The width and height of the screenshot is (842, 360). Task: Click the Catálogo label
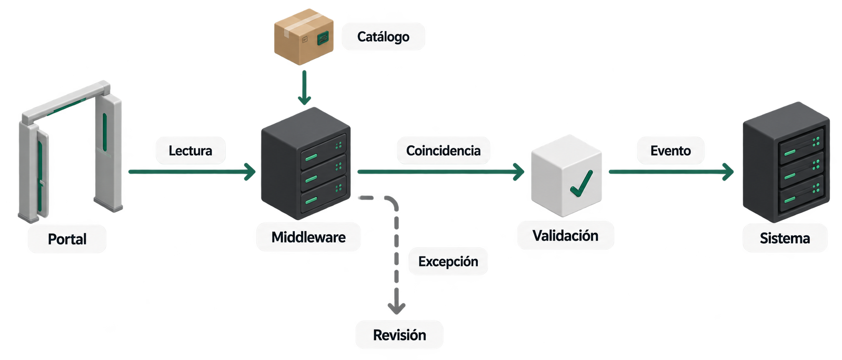tap(383, 37)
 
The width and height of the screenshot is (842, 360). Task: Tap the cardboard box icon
tap(304, 36)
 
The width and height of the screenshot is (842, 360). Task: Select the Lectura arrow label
tap(190, 151)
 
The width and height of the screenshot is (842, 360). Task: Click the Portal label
tap(67, 239)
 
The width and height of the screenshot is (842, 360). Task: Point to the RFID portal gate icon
tap(71, 152)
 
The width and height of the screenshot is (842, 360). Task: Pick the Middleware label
tap(308, 237)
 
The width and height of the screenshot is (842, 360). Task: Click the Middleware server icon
tap(306, 164)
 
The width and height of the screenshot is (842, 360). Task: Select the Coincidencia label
tap(443, 151)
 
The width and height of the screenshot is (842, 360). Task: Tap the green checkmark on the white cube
tap(581, 184)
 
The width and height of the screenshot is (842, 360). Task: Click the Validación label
tap(565, 236)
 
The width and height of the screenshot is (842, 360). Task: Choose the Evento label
tap(670, 151)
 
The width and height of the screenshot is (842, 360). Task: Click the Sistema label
tap(785, 238)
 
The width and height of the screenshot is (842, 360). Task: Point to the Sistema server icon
tap(786, 162)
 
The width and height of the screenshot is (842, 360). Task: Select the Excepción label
tap(448, 262)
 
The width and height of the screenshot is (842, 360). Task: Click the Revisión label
tap(399, 335)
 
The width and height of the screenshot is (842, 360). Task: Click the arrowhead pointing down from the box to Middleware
tap(305, 99)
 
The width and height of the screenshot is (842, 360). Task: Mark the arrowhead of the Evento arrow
tap(728, 172)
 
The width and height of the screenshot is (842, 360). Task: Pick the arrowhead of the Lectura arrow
tap(250, 172)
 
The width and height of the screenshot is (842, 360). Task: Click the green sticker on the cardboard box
tap(323, 38)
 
